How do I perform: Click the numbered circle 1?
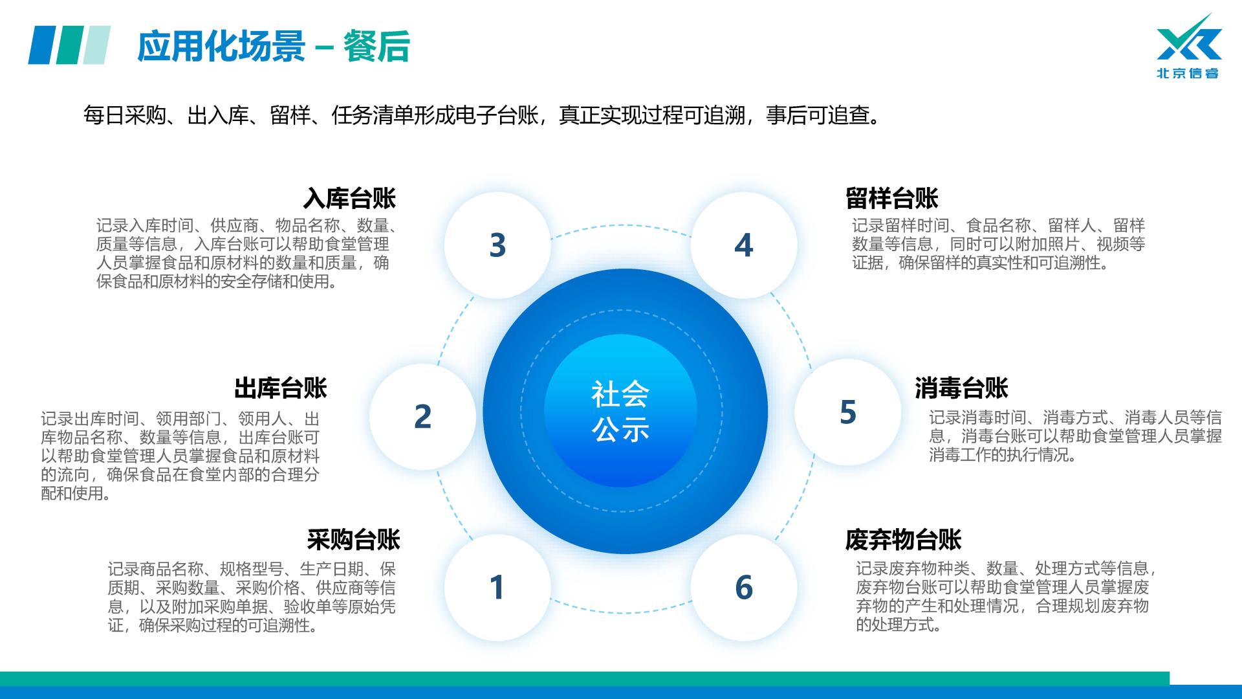pos(497,587)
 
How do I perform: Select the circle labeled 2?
pos(422,416)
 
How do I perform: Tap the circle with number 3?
pos(497,245)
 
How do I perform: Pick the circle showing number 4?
pos(744,245)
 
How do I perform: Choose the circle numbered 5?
pos(847,412)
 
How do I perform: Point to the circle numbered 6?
pos(744,587)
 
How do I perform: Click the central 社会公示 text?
pos(620,411)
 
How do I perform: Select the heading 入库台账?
pos(349,198)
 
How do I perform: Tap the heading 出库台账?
pos(281,388)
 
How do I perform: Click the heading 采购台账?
pos(354,539)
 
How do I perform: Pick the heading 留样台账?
pos(892,198)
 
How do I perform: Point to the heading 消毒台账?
pos(962,388)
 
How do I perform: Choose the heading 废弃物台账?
pos(904,539)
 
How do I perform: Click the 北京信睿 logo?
pos(1188,47)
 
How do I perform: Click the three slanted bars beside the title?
pos(69,45)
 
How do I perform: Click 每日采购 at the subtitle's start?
pos(124,116)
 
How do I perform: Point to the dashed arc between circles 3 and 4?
pos(620,226)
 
